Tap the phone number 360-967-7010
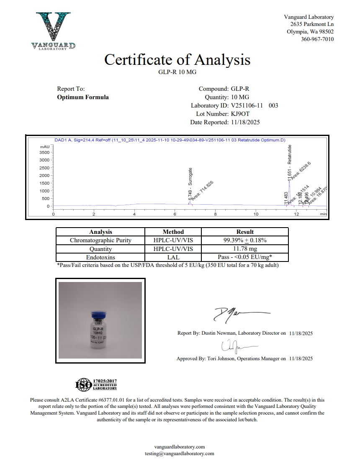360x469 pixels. (x=317, y=39)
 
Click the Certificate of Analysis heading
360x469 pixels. (x=177, y=60)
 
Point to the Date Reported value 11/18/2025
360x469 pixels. (x=245, y=122)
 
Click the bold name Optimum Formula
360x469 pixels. (x=83, y=97)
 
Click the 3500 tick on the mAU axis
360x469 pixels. (x=44, y=152)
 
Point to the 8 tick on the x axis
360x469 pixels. (x=215, y=214)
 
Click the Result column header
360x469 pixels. (x=245, y=232)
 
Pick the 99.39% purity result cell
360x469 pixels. (x=245, y=240)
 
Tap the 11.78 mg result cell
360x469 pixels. (x=245, y=249)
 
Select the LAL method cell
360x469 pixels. (x=173, y=257)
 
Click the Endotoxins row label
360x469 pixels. (x=100, y=257)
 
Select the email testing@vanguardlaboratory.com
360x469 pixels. (x=180, y=454)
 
